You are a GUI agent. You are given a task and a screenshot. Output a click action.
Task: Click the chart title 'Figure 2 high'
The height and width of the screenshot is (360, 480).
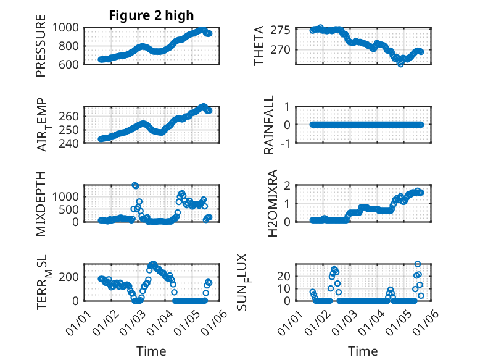151,15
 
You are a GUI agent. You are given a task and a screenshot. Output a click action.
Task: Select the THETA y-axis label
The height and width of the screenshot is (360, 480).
260,46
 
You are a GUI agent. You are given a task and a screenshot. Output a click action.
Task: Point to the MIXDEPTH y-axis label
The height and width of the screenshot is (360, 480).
41,203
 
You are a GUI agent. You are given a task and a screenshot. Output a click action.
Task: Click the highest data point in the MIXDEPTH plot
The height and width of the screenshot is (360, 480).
135,185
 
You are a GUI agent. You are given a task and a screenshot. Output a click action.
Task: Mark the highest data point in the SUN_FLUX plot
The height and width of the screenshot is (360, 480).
418,264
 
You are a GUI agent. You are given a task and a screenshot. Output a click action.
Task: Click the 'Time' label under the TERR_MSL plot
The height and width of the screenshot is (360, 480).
151,351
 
